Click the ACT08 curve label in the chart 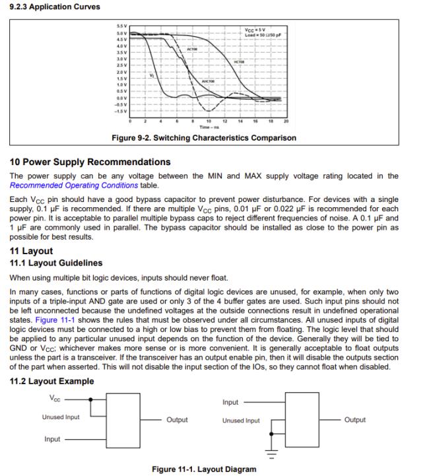pos(192,50)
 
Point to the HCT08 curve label pos(240,62)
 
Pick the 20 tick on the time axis pos(286,121)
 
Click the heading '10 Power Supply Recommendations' pos(90,162)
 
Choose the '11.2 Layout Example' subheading pos(51,381)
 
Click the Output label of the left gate pos(177,420)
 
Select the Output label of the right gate pos(354,420)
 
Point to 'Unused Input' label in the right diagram pos(241,421)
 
